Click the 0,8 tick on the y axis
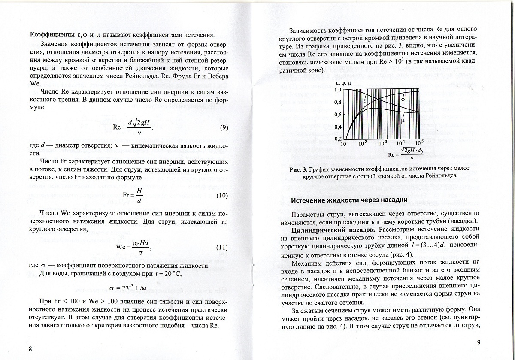pyautogui.click(x=336, y=102)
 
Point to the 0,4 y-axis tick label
pyautogui.click(x=336, y=127)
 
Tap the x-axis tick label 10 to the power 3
pyautogui.click(x=383, y=144)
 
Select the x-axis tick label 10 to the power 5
pyautogui.click(x=419, y=143)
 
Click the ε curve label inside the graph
pyautogui.click(x=365, y=101)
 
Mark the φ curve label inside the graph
pyautogui.click(x=403, y=99)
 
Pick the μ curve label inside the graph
pyautogui.click(x=403, y=121)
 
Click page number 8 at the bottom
pyautogui.click(x=30, y=348)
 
